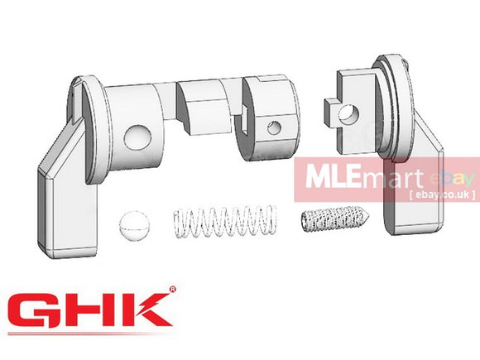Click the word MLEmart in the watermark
(x=380, y=180)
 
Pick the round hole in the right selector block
(x=352, y=110)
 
